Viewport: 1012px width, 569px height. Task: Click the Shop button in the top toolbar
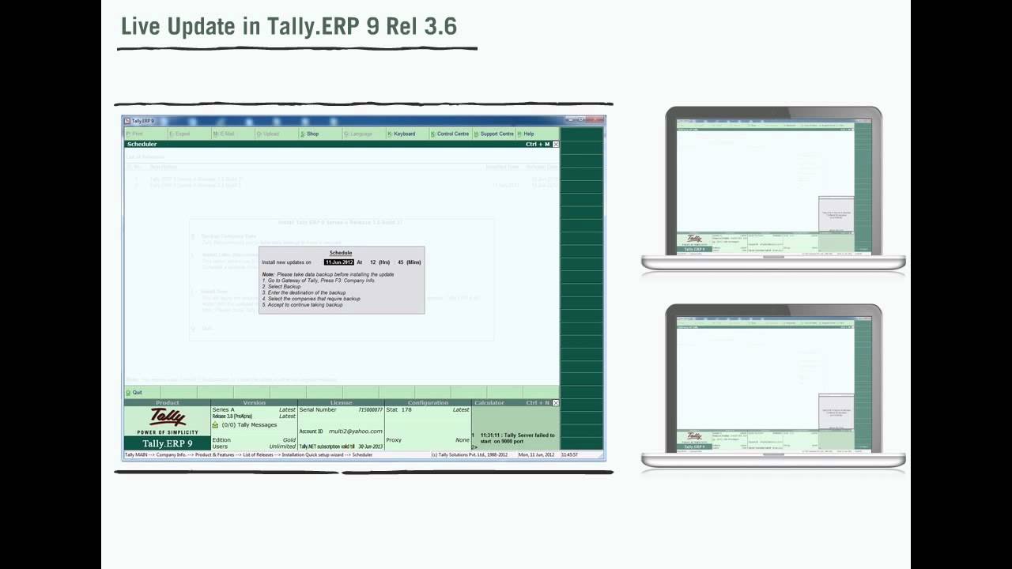coord(310,134)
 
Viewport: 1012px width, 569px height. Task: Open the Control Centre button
coord(451,134)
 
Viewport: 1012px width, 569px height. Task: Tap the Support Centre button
coord(495,134)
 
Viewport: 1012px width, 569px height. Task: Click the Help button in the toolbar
coord(527,134)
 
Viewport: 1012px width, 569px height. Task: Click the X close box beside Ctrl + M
coord(556,145)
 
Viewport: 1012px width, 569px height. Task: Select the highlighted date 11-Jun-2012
coord(339,262)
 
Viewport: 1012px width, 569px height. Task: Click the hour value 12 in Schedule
coord(373,262)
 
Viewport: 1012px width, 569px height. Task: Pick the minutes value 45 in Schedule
coord(401,262)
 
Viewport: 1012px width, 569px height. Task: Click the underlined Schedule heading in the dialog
coord(341,253)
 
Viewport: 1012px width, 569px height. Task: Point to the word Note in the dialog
coord(268,274)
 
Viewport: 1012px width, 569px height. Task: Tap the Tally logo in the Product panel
coord(168,417)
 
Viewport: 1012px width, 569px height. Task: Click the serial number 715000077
coord(370,410)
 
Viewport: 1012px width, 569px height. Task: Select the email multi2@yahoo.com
coord(356,431)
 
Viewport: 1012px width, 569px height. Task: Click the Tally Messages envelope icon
coord(216,425)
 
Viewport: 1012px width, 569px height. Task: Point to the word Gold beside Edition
coord(289,440)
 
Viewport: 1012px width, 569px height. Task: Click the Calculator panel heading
coord(489,403)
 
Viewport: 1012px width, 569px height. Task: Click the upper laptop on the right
coord(772,188)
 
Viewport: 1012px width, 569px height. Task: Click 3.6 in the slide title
coord(440,26)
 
